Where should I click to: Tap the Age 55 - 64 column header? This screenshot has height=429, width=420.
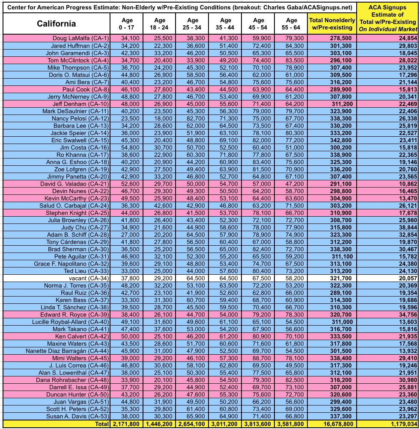click(291, 24)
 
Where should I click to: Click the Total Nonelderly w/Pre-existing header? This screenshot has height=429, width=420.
click(331, 24)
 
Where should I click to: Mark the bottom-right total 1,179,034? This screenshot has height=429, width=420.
click(398, 424)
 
